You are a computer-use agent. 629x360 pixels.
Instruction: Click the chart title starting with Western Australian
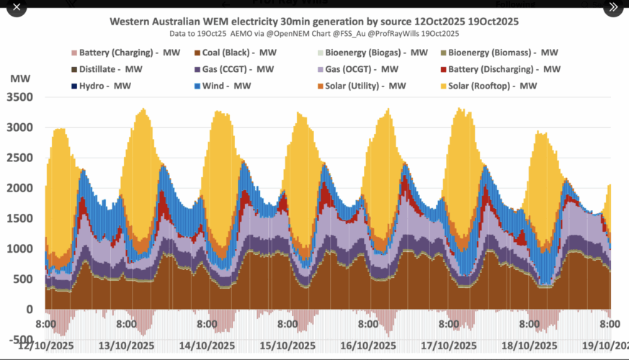tap(314, 22)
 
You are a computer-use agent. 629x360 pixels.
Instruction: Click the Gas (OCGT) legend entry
tap(363, 69)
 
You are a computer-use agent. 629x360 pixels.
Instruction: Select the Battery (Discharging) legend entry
tap(499, 69)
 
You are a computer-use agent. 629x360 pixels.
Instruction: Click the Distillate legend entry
tap(112, 69)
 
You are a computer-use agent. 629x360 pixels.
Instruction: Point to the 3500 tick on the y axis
tap(22, 97)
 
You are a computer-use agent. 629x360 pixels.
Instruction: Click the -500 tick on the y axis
tap(21, 340)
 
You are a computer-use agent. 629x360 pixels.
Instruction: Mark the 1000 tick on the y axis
tap(22, 249)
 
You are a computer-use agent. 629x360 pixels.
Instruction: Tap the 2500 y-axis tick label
tap(22, 158)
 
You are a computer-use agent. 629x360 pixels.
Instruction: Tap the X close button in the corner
tap(17, 7)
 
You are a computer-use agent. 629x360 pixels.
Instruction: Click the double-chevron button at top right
tap(613, 7)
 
